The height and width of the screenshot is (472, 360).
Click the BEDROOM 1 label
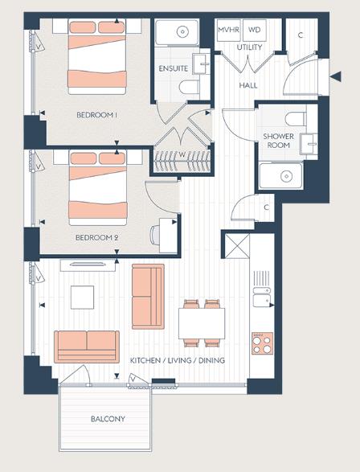97,115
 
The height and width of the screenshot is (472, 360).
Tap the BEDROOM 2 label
97,238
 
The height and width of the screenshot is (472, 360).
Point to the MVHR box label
229,30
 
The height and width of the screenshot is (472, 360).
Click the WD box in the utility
255,30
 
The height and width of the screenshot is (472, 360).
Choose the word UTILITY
248,48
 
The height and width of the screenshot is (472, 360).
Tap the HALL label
248,84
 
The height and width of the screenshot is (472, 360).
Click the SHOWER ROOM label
278,142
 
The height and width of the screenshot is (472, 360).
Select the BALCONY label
105,419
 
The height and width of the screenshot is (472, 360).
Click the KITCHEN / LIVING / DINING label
178,361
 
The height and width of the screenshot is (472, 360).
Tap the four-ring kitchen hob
262,344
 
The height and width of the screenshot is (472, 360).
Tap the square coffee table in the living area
84,298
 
